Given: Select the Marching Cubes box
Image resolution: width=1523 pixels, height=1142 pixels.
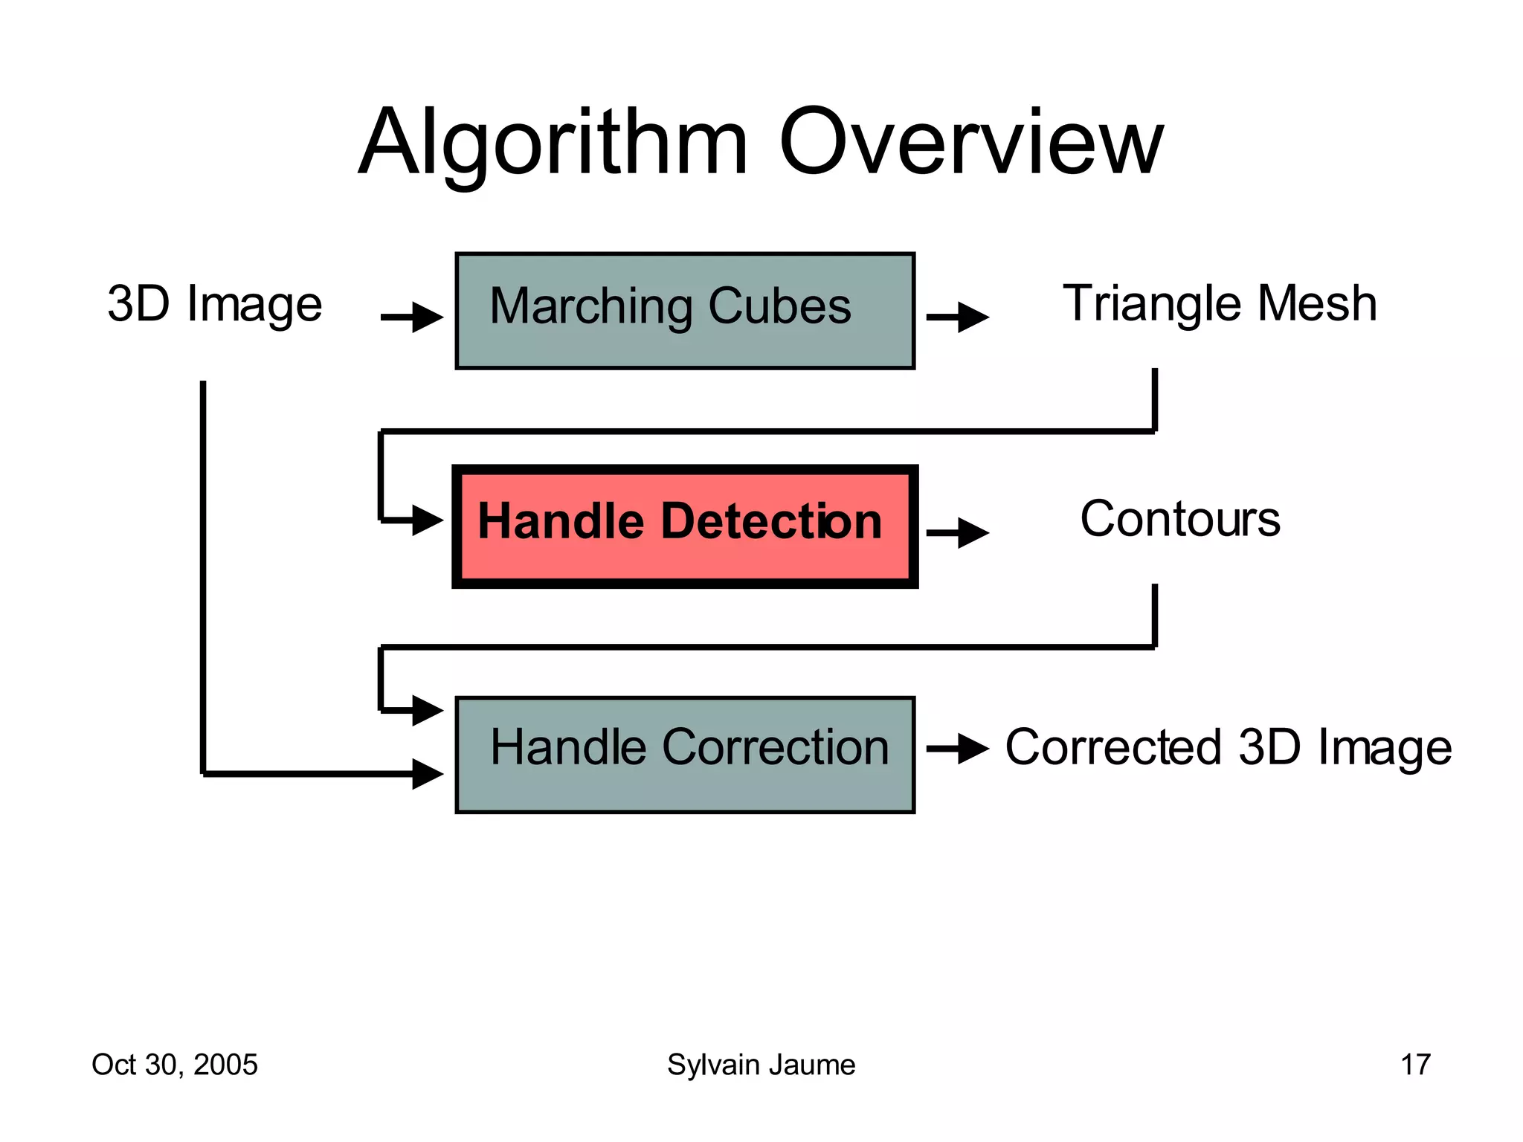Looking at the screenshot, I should pyautogui.click(x=684, y=310).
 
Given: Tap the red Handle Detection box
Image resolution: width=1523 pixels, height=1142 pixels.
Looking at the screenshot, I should pyautogui.click(x=684, y=526).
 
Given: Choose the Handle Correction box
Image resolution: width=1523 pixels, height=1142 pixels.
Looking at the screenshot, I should pyautogui.click(x=684, y=754).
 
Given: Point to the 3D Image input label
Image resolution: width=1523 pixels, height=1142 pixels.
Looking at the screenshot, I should pyautogui.click(x=214, y=304).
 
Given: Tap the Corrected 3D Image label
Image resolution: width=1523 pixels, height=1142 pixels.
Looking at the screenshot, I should pyautogui.click(x=1228, y=746).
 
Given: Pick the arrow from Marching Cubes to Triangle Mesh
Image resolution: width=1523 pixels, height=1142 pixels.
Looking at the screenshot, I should pyautogui.click(x=958, y=317).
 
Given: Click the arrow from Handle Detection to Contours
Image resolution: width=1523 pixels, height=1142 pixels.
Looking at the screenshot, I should pyautogui.click(x=958, y=532).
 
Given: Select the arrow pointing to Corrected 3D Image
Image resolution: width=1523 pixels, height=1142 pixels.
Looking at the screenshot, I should pyautogui.click(x=958, y=748).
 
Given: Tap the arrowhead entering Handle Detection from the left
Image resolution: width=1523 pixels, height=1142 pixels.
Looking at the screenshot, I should pyautogui.click(x=427, y=520).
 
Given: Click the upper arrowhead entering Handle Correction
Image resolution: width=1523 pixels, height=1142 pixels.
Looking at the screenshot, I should pyautogui.click(x=427, y=710).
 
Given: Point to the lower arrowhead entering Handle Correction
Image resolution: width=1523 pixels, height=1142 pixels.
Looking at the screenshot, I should pyautogui.click(x=427, y=774).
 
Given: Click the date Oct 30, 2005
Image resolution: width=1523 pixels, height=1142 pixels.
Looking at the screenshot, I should pyautogui.click(x=174, y=1065).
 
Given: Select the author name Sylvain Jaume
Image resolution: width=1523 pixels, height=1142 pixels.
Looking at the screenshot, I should pyautogui.click(x=761, y=1065).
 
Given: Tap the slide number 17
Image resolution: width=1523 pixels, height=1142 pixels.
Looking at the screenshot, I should pyautogui.click(x=1414, y=1065).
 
